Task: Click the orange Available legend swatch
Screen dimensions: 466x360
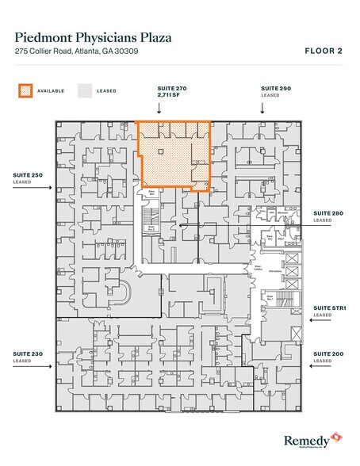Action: coord(27,91)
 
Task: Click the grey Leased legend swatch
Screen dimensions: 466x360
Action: coord(85,91)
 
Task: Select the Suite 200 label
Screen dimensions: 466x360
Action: coord(327,353)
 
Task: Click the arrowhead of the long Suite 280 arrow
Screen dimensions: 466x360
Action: coord(180,226)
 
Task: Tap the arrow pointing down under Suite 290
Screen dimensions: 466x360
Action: coord(262,109)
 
